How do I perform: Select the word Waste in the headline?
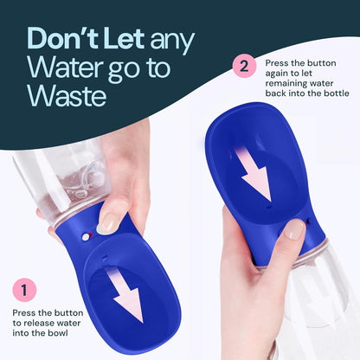click(66, 95)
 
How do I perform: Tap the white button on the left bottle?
click(84, 234)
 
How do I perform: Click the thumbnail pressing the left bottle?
click(108, 223)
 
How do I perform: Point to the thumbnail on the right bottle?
click(296, 229)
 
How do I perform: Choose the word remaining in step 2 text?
click(285, 87)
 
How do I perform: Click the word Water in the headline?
click(61, 67)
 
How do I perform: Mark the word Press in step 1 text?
click(25, 313)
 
